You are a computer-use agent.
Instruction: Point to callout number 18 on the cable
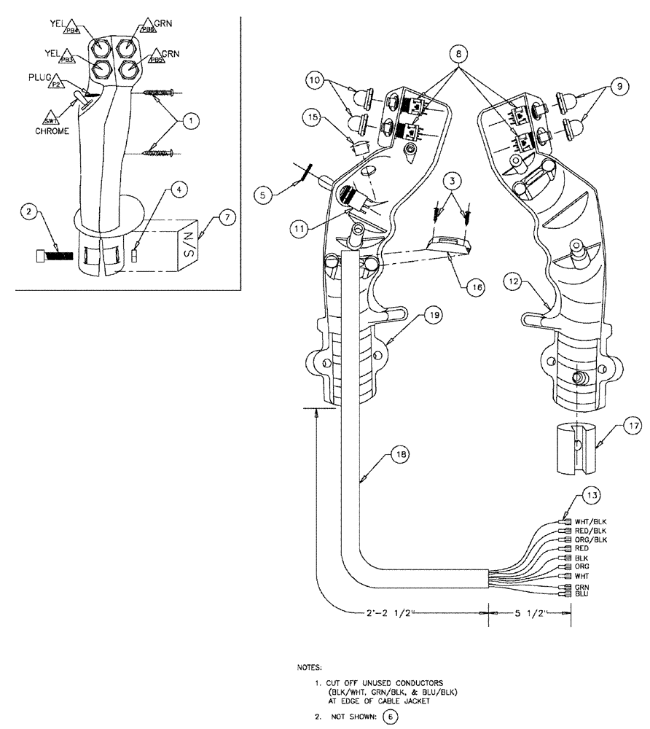point(398,454)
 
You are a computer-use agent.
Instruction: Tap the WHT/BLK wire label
point(590,521)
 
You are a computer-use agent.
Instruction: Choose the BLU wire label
point(582,594)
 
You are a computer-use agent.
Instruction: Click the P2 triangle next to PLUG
point(55,85)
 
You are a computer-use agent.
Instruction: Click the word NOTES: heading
point(312,667)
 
